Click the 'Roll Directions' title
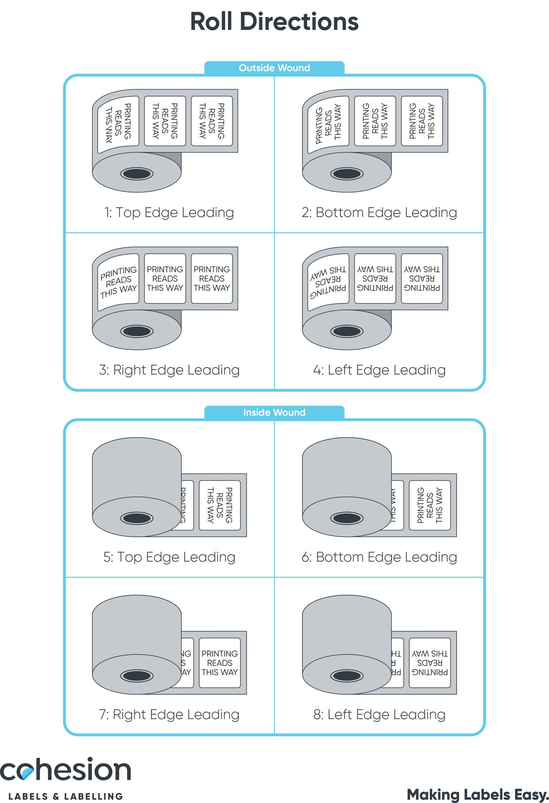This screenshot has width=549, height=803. click(x=274, y=22)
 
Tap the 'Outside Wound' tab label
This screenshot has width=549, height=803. click(x=274, y=68)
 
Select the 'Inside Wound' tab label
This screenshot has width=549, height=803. click(x=274, y=413)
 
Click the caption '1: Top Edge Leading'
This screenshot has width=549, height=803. click(x=169, y=212)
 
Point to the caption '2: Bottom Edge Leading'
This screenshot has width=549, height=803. click(x=379, y=212)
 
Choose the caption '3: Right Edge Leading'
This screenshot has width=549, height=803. click(x=169, y=370)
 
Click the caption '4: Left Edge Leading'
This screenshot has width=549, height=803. click(x=379, y=370)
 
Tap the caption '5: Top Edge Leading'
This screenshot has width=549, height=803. click(x=169, y=557)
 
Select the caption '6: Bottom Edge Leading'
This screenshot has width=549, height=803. click(x=379, y=557)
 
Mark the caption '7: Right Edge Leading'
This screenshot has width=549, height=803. click(x=169, y=714)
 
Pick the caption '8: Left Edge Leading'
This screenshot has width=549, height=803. click(x=379, y=714)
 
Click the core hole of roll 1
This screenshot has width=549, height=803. click(x=137, y=174)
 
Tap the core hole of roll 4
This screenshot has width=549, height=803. click(x=347, y=331)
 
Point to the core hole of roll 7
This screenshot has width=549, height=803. click(x=137, y=675)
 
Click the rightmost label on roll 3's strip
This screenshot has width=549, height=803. click(x=211, y=278)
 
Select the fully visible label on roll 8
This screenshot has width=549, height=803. click(x=430, y=663)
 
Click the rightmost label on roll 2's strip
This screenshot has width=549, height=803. click(x=421, y=121)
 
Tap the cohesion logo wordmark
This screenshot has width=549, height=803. click(x=65, y=770)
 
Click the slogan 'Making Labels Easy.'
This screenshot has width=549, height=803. click(x=477, y=794)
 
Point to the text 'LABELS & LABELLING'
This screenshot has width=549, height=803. click(x=65, y=796)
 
